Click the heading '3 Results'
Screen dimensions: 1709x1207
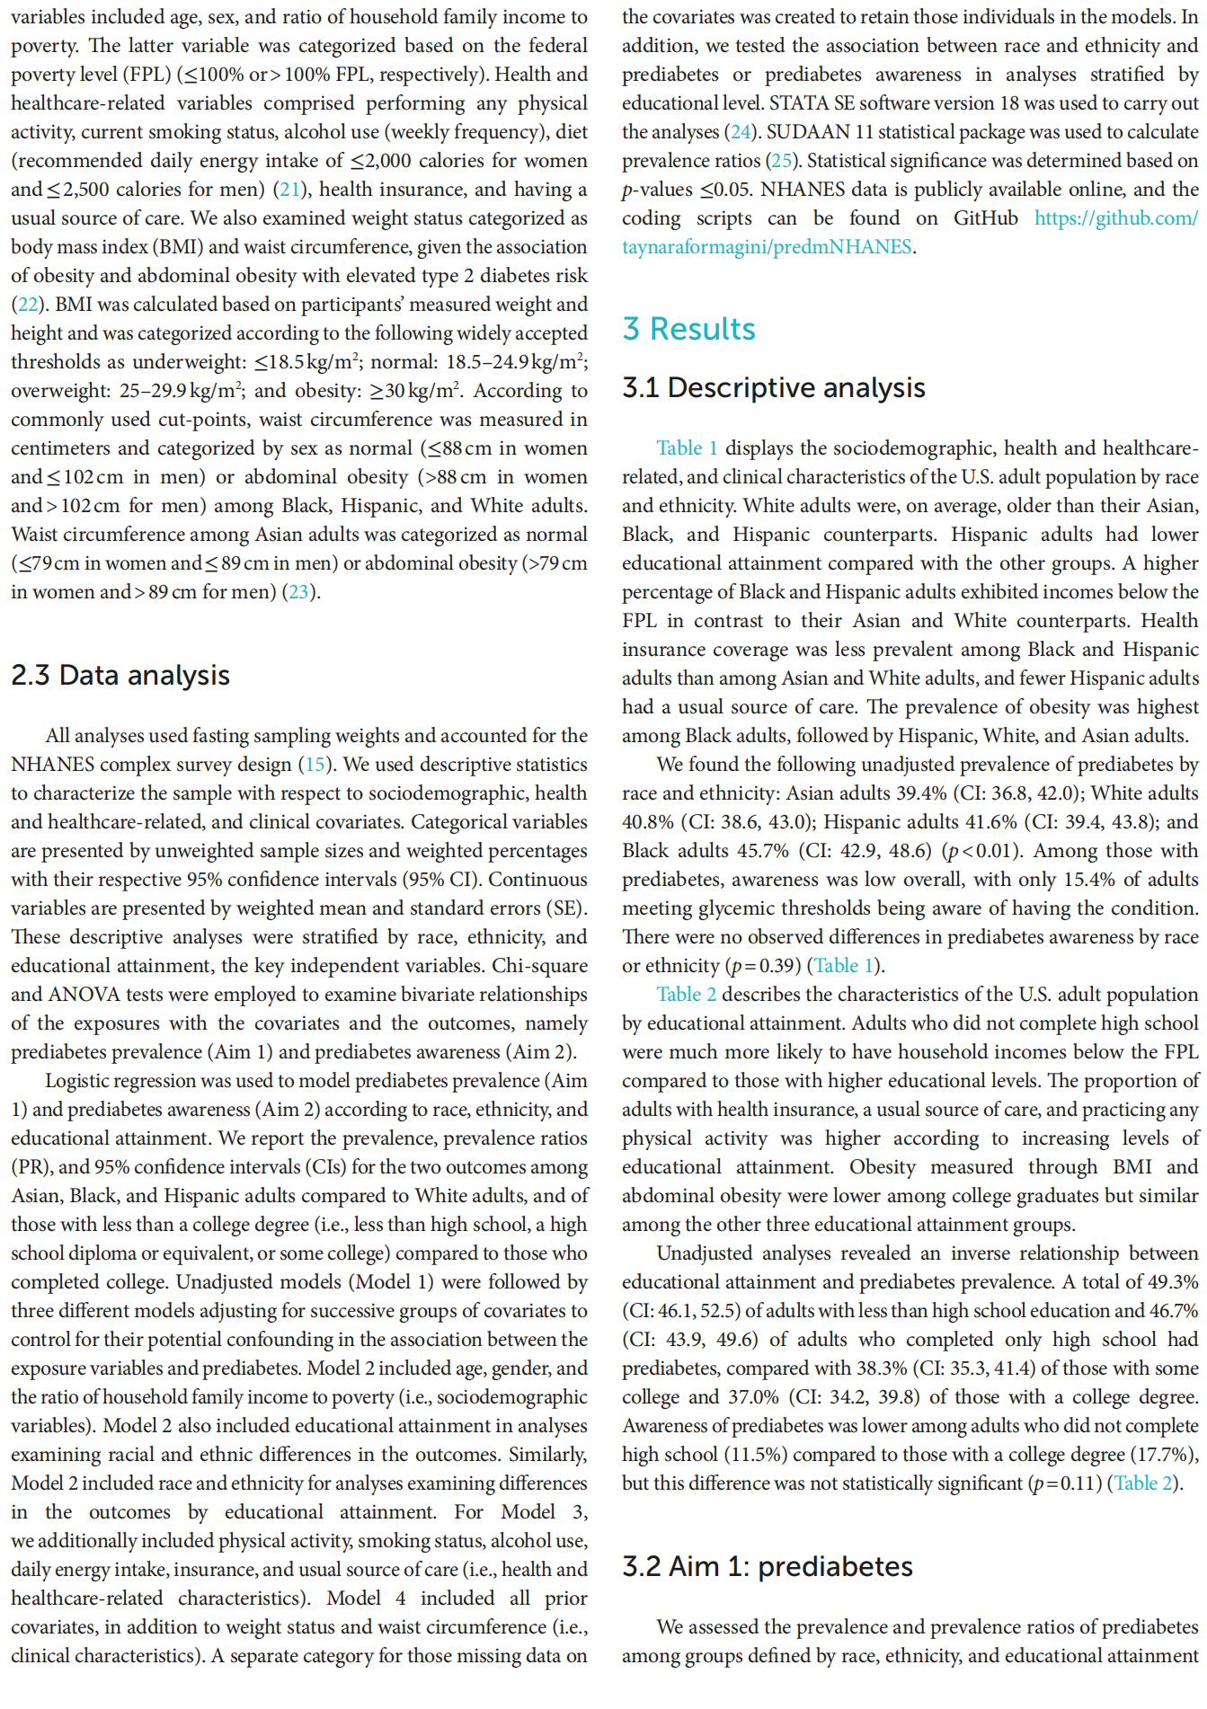(688, 329)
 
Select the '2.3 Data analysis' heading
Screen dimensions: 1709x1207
(120, 675)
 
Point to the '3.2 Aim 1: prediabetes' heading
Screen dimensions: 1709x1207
(767, 1566)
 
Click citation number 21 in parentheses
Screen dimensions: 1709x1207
(289, 190)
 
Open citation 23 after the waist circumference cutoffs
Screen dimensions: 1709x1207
(297, 592)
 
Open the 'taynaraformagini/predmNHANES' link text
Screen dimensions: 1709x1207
(767, 247)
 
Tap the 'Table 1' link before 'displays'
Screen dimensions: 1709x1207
(687, 448)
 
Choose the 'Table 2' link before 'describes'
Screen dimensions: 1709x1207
(686, 995)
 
